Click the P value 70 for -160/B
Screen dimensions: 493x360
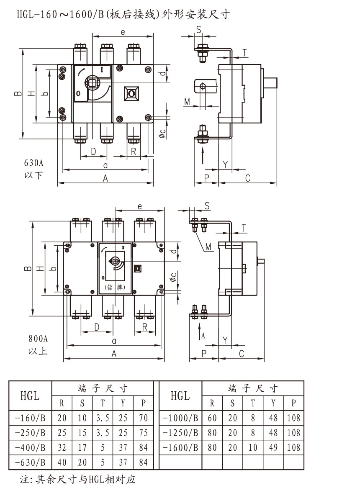[143, 417]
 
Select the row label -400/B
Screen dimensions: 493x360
[30, 447]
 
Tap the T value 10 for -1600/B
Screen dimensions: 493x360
[253, 447]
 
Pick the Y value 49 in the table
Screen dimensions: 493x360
[273, 447]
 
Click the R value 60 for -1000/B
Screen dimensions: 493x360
[212, 417]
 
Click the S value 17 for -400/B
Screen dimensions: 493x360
[82, 447]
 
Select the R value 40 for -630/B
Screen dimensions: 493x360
[62, 462]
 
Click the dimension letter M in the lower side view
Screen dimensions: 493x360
[208, 247]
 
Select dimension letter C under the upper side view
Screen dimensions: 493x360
[247, 178]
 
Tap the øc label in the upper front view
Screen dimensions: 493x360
[163, 133]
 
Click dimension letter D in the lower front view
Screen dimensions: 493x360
[97, 327]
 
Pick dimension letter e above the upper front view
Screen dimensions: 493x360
[123, 32]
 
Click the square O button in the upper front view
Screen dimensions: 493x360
[132, 93]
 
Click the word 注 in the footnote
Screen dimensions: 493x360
[24, 479]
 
